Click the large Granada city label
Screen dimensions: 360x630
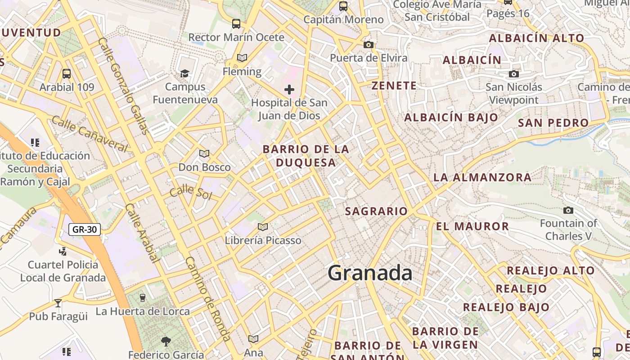click(370, 273)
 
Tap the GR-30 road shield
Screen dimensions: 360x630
click(85, 229)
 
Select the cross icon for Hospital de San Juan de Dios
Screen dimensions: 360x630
click(289, 90)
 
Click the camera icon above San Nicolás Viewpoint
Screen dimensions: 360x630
click(514, 74)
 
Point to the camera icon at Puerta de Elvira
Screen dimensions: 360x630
click(369, 45)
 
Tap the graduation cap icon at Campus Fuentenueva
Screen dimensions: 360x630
click(184, 73)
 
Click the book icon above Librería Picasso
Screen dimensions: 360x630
click(263, 227)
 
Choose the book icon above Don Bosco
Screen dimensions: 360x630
click(204, 153)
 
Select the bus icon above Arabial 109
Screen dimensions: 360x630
click(67, 73)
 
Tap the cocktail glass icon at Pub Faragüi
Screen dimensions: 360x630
click(58, 303)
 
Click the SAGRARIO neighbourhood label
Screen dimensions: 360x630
click(376, 211)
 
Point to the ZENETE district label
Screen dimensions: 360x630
click(394, 85)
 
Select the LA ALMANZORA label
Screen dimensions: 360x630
click(482, 177)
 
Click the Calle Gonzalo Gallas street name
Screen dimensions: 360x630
click(123, 86)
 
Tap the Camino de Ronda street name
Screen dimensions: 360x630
click(208, 299)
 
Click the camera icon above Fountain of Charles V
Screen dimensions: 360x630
click(568, 210)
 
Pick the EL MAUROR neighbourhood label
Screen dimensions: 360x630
click(472, 226)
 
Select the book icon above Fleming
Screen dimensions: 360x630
click(242, 58)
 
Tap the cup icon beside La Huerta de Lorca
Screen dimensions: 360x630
click(143, 297)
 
